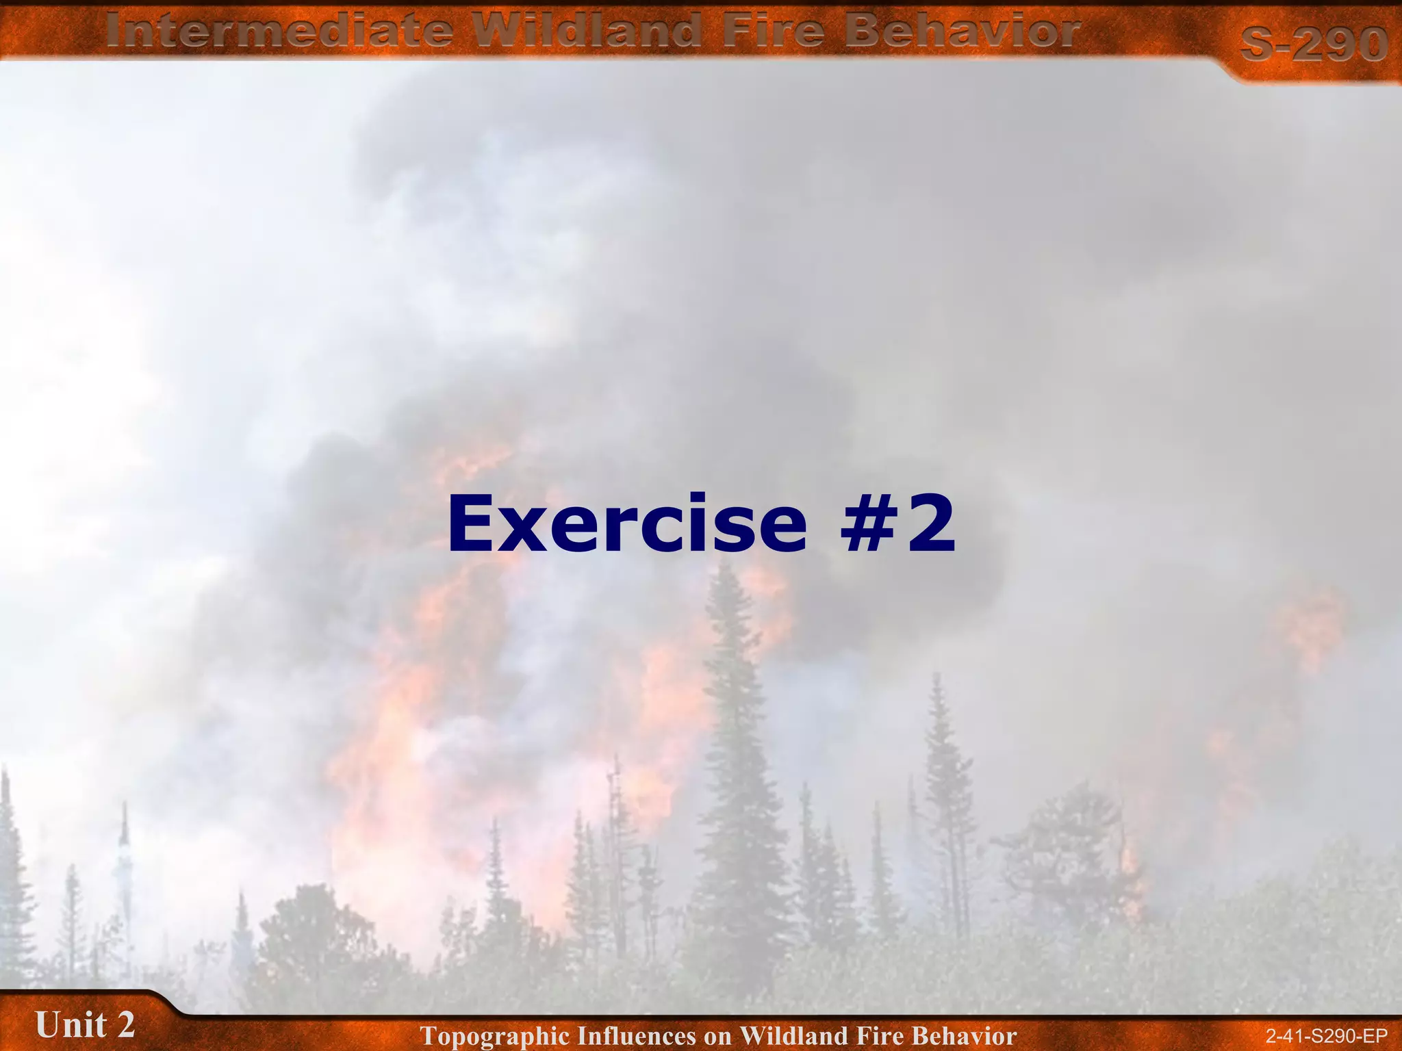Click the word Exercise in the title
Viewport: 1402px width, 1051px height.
click(x=627, y=524)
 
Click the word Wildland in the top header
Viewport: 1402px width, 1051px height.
click(x=588, y=31)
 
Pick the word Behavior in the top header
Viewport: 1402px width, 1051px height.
click(x=961, y=31)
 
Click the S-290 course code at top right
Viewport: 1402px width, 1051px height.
click(x=1313, y=45)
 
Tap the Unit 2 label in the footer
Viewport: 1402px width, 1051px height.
click(x=85, y=1025)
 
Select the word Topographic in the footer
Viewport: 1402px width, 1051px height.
click(x=494, y=1036)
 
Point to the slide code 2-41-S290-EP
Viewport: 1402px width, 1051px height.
click(x=1326, y=1036)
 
